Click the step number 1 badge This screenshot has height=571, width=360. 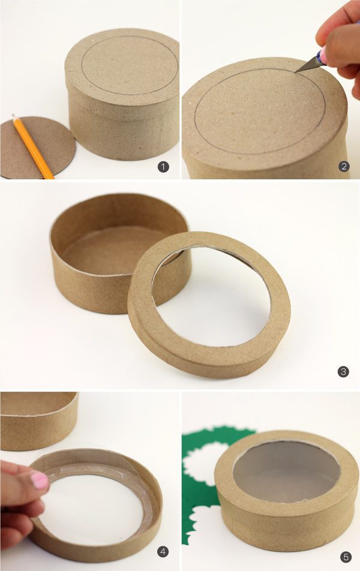click(163, 167)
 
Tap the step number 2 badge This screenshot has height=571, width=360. click(344, 167)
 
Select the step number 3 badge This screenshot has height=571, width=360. click(343, 371)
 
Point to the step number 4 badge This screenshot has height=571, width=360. click(163, 552)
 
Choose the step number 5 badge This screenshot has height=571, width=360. click(346, 557)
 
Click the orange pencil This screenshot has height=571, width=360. click(33, 146)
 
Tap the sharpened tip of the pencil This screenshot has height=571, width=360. click(13, 116)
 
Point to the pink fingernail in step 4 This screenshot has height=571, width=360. click(40, 480)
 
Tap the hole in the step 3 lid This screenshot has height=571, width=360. click(211, 296)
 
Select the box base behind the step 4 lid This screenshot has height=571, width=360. click(39, 420)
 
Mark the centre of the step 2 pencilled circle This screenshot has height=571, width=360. click(260, 112)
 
